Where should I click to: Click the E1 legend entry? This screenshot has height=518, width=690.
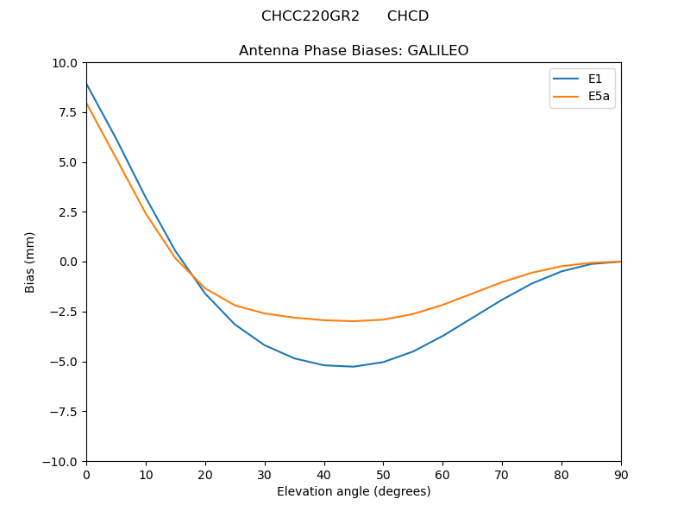click(595, 79)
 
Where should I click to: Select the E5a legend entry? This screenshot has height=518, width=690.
click(599, 96)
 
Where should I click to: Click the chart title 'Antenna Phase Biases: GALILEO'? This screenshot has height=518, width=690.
click(354, 51)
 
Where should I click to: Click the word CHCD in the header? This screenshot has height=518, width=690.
click(408, 16)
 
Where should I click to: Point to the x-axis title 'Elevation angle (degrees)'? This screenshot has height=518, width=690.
click(354, 491)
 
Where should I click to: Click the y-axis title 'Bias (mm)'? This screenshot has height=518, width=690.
click(30, 262)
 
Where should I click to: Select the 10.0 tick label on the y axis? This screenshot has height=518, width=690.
click(65, 63)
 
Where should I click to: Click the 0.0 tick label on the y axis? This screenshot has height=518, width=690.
click(67, 262)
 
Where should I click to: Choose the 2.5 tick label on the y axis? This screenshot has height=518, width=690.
click(67, 212)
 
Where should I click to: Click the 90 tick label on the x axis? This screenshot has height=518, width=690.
click(621, 474)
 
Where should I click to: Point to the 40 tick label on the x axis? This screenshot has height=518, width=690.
click(324, 474)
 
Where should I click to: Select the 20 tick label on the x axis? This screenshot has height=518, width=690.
click(205, 474)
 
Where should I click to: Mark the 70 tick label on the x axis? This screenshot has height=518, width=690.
click(502, 474)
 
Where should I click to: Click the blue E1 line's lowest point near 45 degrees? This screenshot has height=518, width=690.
click(354, 366)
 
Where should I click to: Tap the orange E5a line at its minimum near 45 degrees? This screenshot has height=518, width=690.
click(354, 321)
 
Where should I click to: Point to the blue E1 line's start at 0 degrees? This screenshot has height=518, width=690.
click(87, 85)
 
